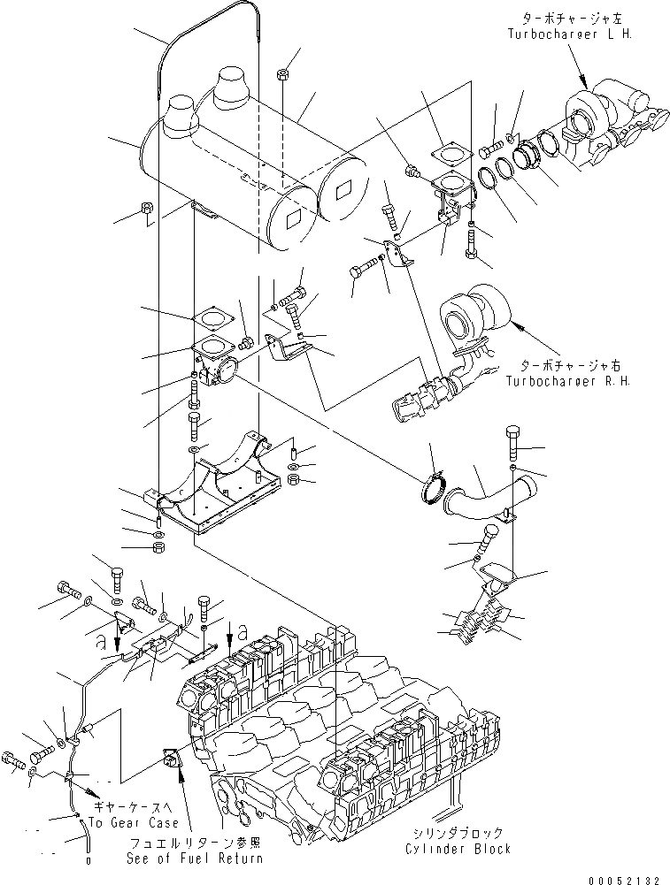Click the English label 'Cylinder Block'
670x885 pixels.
click(459, 850)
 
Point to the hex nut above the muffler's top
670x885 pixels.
click(281, 73)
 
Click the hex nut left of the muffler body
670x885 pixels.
click(146, 211)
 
